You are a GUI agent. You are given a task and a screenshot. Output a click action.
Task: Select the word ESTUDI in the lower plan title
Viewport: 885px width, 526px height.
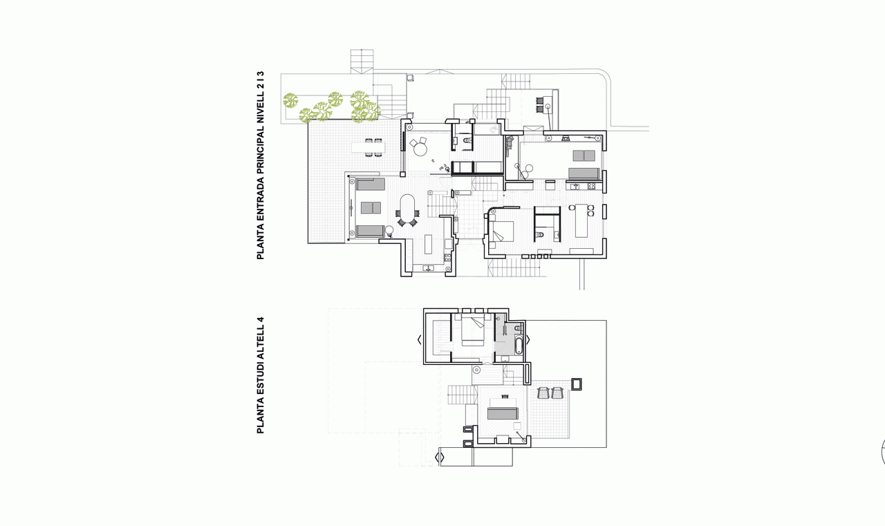click(261, 379)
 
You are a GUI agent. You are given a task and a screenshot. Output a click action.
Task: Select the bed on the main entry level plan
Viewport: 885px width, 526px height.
click(501, 231)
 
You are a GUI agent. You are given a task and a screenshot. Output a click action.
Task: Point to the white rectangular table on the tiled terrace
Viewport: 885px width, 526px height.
click(369, 148)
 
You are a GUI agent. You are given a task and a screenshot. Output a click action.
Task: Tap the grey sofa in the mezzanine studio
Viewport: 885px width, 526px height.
click(503, 413)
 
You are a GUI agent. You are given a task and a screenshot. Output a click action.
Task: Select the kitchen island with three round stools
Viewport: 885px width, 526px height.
click(581, 220)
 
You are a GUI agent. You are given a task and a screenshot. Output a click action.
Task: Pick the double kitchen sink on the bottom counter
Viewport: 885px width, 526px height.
click(428, 268)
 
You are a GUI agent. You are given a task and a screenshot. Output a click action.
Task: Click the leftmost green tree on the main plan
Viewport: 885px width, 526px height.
click(290, 100)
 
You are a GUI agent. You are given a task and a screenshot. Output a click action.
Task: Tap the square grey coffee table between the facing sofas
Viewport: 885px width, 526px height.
click(371, 208)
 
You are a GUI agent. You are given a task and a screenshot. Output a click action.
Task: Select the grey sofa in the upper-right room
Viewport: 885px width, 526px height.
click(584, 173)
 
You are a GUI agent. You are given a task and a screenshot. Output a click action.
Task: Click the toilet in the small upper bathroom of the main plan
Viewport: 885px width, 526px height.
click(467, 140)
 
